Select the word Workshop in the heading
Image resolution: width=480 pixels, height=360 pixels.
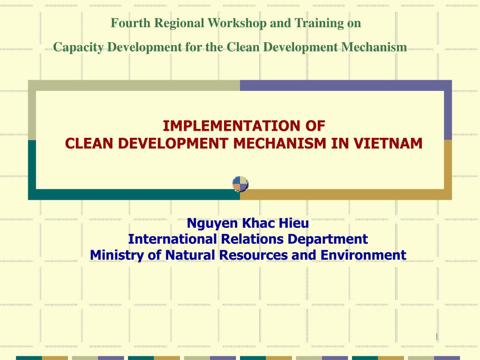pyautogui.click(x=237, y=23)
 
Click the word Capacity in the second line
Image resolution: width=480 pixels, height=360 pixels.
pyautogui.click(x=78, y=47)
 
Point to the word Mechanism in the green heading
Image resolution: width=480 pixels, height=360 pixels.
pyautogui.click(x=374, y=47)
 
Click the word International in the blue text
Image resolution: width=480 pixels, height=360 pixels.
pyautogui.click(x=172, y=239)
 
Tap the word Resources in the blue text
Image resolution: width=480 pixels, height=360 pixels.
pyautogui.click(x=254, y=255)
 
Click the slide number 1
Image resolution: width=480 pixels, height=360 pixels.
pyautogui.click(x=436, y=337)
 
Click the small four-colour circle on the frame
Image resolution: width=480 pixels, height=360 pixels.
pyautogui.click(x=240, y=184)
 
